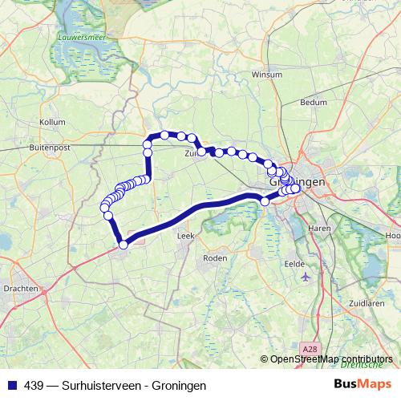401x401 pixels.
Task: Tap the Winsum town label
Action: pos(266,74)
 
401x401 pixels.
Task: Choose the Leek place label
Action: pos(184,237)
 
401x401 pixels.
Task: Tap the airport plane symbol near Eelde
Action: pos(306,277)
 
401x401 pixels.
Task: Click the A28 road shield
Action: pos(312,347)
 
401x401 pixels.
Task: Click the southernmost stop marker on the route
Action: pos(124,245)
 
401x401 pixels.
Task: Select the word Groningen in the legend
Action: pos(180,386)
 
